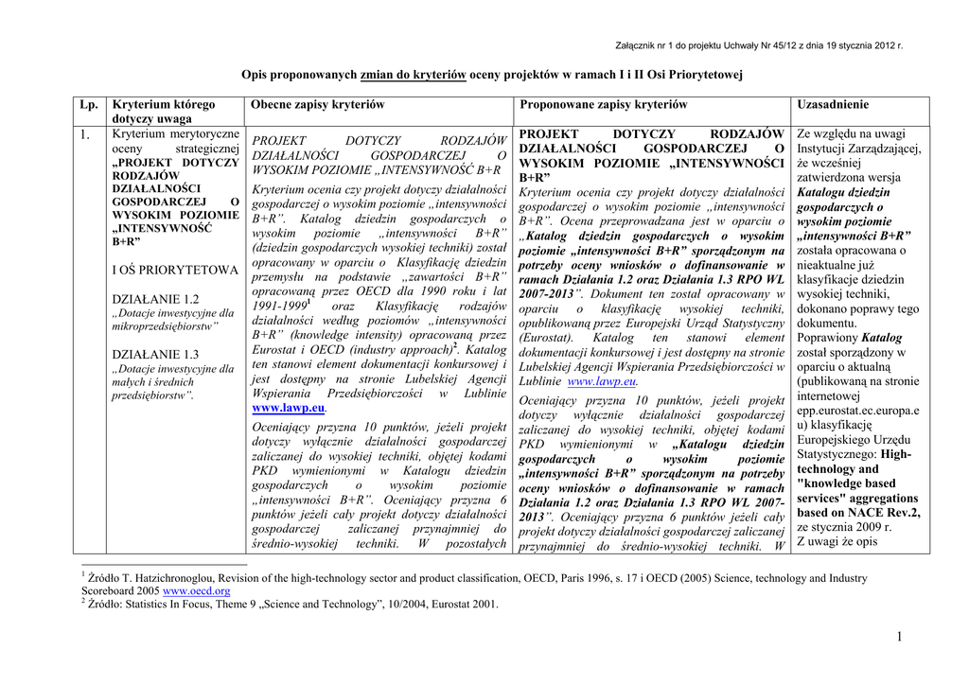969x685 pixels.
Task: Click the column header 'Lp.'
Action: click(90, 104)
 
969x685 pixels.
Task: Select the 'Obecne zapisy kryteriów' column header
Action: click(318, 104)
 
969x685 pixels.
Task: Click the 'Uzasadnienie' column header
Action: click(834, 104)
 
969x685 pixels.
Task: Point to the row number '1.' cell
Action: click(86, 134)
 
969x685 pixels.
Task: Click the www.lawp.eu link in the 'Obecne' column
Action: click(289, 409)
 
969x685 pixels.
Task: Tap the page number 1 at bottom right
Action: click(900, 639)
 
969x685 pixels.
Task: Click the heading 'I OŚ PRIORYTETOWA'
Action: click(175, 270)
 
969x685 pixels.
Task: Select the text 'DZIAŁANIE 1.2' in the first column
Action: click(155, 299)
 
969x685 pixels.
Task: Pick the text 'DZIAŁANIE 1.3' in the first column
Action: click(155, 355)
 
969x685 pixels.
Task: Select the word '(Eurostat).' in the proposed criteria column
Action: click(549, 338)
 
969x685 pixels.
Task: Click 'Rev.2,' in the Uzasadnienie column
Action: click(898, 512)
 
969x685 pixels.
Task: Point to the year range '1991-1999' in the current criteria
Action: click(280, 307)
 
